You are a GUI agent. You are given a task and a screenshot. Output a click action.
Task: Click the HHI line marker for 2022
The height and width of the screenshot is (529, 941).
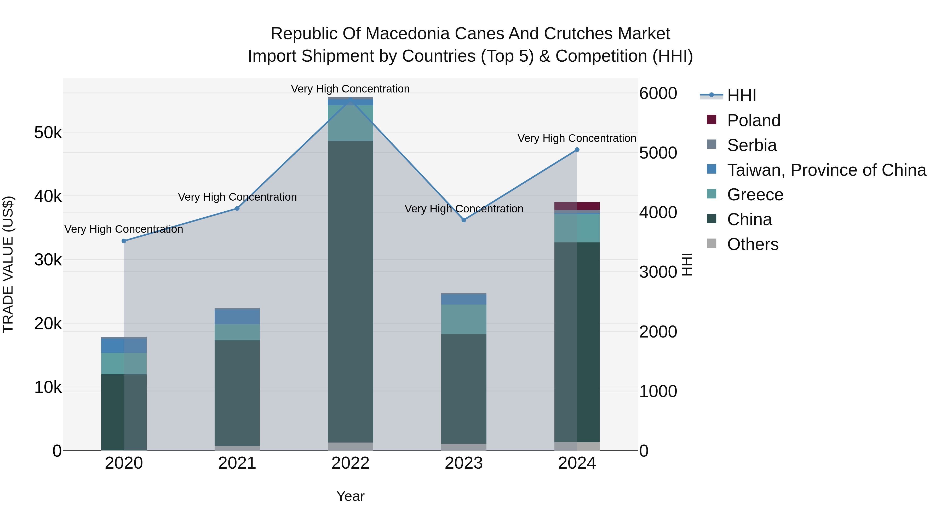click(x=350, y=99)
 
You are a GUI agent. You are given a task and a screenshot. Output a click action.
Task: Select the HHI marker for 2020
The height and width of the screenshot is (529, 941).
click(x=124, y=241)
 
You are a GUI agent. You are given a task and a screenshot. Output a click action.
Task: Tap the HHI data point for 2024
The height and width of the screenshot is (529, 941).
click(x=577, y=150)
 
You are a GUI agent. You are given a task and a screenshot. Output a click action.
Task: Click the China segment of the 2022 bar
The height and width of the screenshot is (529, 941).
click(x=350, y=292)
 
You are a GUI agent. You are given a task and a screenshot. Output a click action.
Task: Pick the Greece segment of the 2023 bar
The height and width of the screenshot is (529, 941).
click(x=463, y=319)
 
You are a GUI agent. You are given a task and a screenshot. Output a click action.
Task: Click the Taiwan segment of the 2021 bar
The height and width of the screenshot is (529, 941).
click(x=237, y=317)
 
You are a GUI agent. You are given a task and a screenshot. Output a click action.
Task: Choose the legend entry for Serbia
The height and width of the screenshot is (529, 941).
click(x=751, y=145)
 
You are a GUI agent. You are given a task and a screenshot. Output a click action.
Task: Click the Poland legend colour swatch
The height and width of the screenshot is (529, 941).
click(x=711, y=120)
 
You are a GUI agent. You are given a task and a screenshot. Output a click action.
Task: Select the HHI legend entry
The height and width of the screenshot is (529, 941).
click(x=741, y=96)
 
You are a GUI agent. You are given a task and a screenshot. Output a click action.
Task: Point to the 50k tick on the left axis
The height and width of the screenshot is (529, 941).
click(x=48, y=133)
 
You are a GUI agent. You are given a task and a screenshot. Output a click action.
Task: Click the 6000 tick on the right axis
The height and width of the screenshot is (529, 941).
click(x=658, y=94)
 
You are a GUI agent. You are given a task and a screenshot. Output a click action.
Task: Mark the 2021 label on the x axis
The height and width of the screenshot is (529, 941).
click(x=237, y=463)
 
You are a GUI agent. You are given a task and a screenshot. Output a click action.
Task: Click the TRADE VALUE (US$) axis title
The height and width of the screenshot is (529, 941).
click(x=8, y=264)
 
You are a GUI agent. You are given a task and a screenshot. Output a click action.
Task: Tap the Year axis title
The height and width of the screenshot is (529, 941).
click(x=350, y=496)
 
